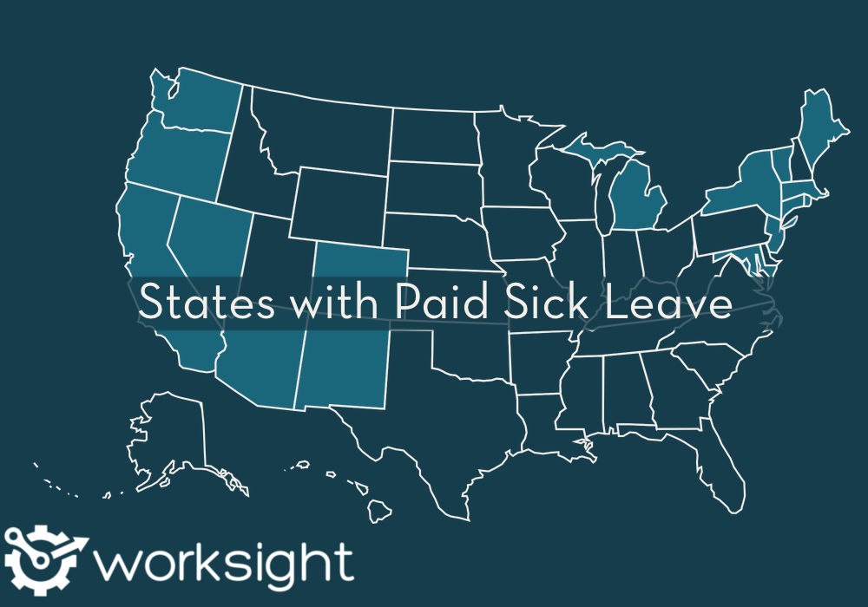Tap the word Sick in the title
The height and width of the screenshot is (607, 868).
[540, 303]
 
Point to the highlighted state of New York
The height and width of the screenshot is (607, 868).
[742, 186]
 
